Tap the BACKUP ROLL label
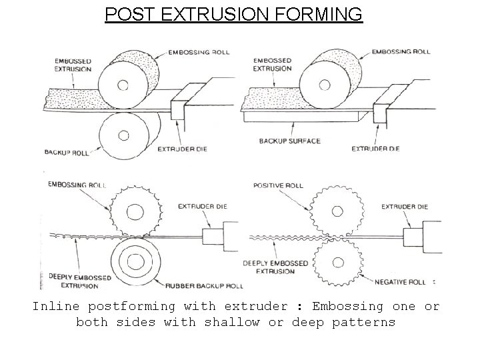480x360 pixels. click(67, 153)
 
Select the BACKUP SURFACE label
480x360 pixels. click(289, 141)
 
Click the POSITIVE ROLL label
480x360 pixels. click(279, 186)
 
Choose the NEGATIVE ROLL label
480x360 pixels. click(399, 282)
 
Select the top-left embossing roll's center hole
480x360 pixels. click(123, 85)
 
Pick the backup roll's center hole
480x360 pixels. click(123, 135)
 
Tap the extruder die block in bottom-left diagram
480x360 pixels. click(215, 235)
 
